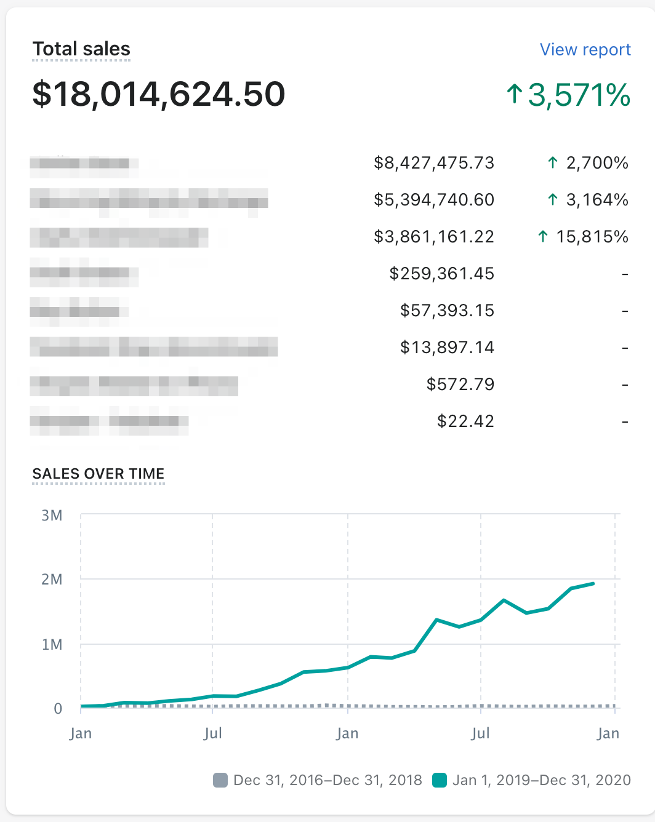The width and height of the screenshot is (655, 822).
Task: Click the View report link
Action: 585,50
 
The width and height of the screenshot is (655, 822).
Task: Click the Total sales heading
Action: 81,49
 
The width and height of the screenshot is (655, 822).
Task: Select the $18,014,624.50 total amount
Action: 159,94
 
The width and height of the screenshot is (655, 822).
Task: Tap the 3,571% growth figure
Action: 568,95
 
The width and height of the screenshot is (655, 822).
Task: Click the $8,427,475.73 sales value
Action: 434,163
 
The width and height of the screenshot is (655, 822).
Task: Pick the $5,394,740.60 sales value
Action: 434,200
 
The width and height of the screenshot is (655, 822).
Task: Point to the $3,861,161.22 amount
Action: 434,237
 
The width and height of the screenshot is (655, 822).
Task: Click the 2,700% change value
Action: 588,163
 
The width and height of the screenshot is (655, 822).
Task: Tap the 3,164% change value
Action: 588,200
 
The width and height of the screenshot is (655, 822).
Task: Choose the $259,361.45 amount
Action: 441,274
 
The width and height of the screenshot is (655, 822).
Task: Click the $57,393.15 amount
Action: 447,311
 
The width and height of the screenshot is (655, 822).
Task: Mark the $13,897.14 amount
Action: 447,348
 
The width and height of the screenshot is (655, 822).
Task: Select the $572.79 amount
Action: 460,385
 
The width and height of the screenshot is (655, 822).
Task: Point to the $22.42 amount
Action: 465,421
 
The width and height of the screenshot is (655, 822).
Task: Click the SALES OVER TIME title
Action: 98,474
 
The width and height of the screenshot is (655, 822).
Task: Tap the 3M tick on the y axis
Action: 52,516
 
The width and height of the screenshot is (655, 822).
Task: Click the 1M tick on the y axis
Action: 52,645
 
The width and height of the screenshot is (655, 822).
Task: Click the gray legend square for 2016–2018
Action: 220,780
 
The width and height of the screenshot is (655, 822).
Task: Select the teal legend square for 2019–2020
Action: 439,780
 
